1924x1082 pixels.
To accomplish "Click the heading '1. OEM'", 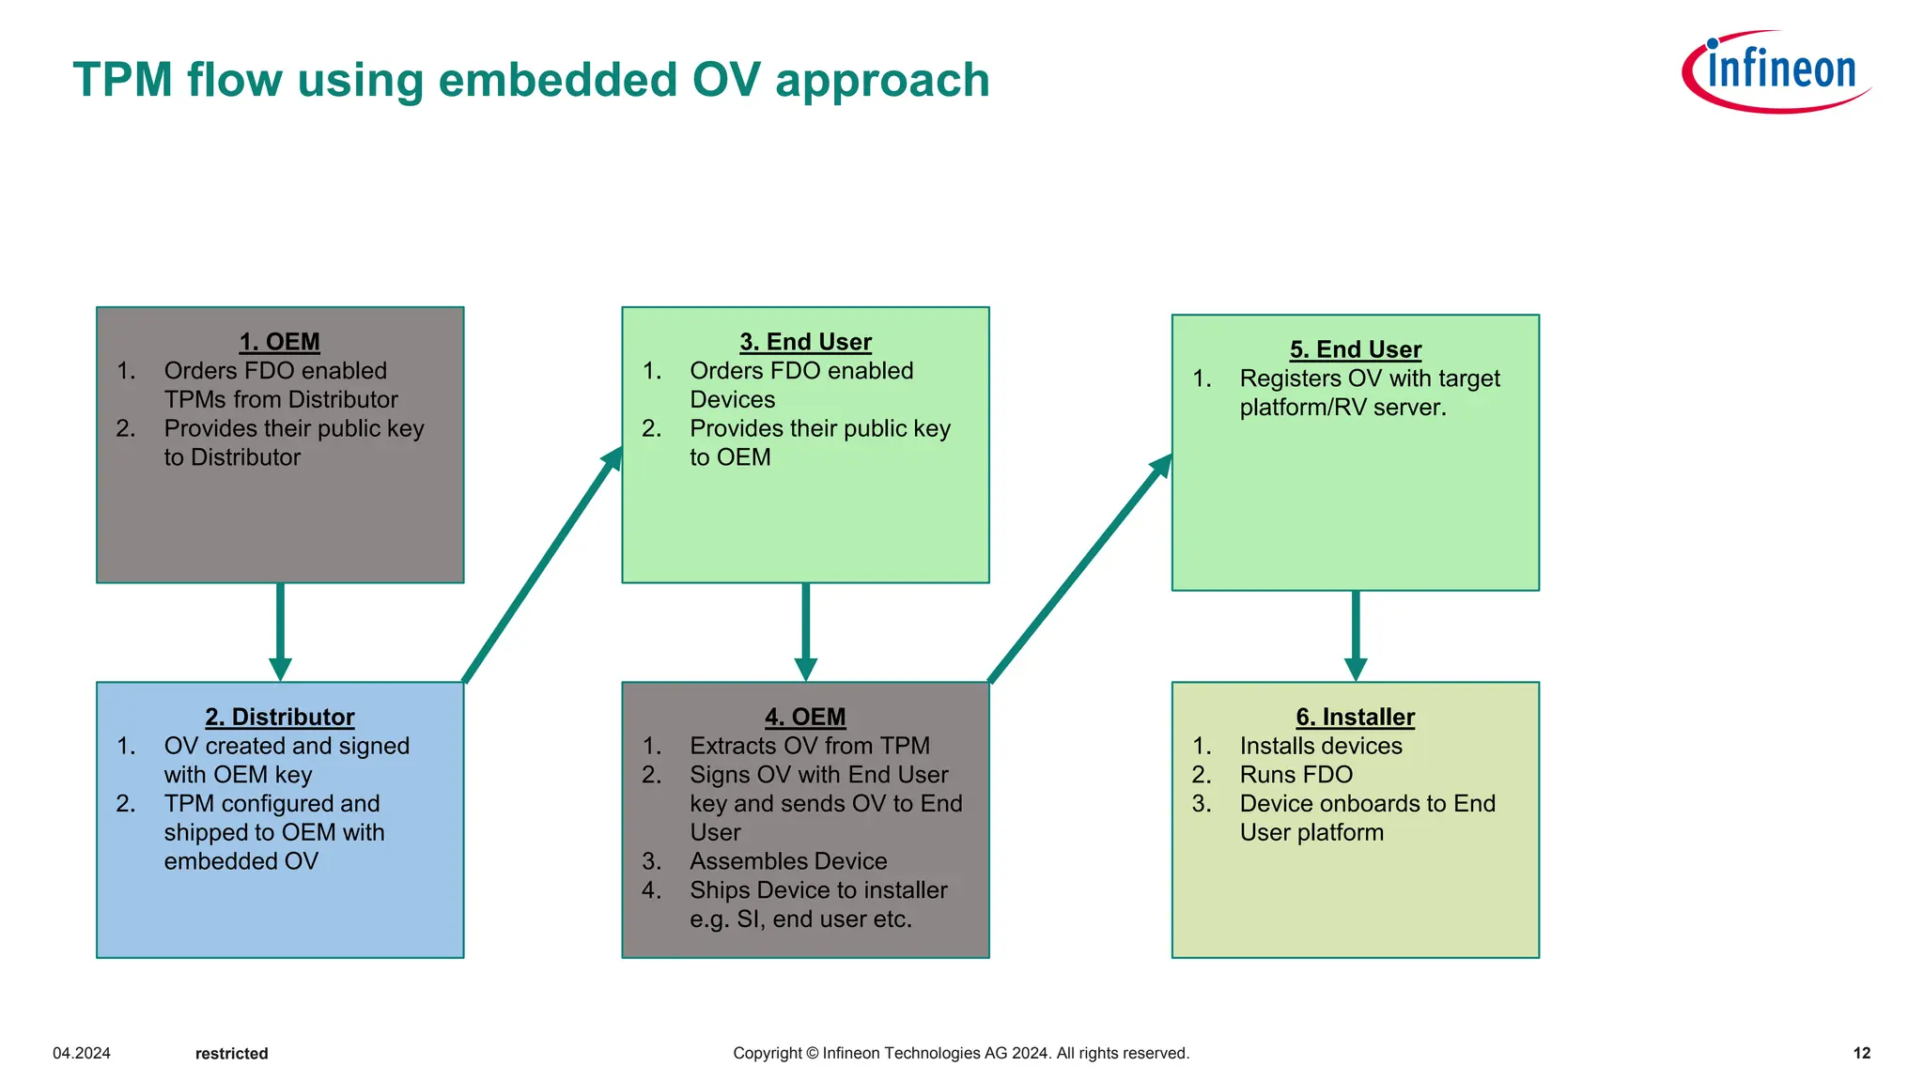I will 279,342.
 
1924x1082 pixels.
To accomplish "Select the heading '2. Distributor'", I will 279,717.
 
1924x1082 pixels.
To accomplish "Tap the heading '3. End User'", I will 805,342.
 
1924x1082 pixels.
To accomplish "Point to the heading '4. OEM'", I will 805,717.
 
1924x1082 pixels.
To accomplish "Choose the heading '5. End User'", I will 1355,349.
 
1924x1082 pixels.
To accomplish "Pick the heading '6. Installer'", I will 1355,717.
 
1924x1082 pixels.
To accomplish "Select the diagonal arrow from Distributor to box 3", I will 542,565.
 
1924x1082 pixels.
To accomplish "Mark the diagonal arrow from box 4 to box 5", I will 1080,569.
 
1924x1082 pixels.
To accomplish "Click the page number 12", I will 1861,1053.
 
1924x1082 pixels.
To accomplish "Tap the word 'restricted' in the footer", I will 231,1054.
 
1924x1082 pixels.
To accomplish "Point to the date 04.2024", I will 82,1053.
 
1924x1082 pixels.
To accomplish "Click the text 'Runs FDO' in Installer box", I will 1296,775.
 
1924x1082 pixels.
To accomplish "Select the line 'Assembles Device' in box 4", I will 788,861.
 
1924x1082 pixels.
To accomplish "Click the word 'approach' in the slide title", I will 882,81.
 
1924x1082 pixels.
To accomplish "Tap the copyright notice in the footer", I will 961,1053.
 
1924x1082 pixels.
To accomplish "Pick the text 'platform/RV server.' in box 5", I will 1342,408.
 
